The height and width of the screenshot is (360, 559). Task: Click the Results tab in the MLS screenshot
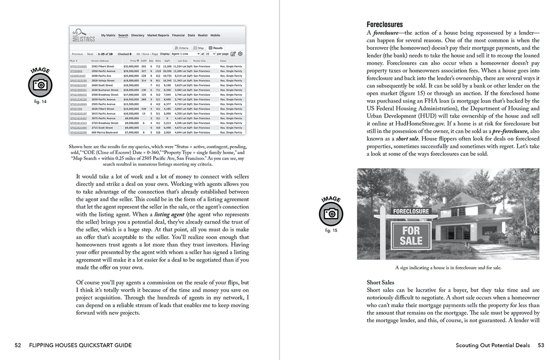tap(216, 48)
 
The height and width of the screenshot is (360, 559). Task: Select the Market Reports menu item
tap(158, 36)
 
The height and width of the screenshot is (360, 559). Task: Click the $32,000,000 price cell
tap(130, 66)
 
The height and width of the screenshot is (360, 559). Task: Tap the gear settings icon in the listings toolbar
tap(240, 54)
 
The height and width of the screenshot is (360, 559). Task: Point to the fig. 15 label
tap(331, 231)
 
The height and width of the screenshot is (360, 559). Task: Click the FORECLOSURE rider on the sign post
tap(411, 211)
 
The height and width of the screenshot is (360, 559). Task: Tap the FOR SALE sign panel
tap(411, 235)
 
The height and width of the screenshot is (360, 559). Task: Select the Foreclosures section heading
tap(385, 24)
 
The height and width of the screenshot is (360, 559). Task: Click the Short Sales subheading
tap(380, 282)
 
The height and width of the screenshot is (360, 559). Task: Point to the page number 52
tap(18, 345)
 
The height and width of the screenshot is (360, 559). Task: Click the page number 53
tap(541, 345)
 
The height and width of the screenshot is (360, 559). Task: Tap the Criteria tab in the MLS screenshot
tap(181, 48)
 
